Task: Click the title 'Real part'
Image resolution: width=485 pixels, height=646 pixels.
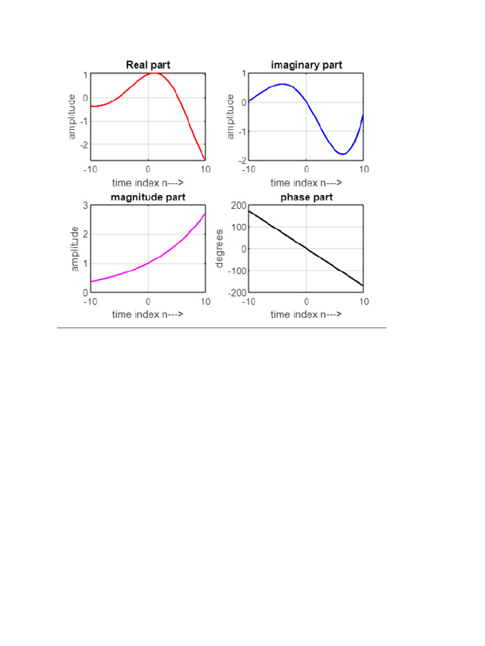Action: pyautogui.click(x=148, y=65)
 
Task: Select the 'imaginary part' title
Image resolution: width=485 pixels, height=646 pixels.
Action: pyautogui.click(x=306, y=65)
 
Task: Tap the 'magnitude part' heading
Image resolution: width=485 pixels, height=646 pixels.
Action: pyautogui.click(x=148, y=197)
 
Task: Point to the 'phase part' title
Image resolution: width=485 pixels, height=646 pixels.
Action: pyautogui.click(x=306, y=197)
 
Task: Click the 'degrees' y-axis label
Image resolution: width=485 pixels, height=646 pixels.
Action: pyautogui.click(x=220, y=248)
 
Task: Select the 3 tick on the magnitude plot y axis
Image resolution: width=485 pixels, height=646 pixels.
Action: pyautogui.click(x=85, y=206)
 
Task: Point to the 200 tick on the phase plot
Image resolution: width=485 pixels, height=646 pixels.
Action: pyautogui.click(x=237, y=206)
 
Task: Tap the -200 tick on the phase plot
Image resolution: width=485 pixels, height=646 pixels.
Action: pyautogui.click(x=236, y=293)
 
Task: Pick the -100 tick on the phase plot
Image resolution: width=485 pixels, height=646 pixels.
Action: pyautogui.click(x=236, y=271)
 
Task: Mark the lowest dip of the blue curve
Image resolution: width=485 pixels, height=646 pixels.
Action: pyautogui.click(x=342, y=154)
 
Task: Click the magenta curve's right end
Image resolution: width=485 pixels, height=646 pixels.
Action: pyautogui.click(x=205, y=214)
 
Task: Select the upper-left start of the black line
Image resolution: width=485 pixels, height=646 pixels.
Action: pyautogui.click(x=249, y=210)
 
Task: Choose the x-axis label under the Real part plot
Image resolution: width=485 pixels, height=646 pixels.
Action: pyautogui.click(x=148, y=183)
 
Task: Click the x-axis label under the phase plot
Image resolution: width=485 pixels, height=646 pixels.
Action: pyautogui.click(x=306, y=314)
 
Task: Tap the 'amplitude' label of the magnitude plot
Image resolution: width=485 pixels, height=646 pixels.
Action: pyautogui.click(x=75, y=249)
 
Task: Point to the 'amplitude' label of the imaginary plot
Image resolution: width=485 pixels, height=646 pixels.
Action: pyautogui.click(x=230, y=117)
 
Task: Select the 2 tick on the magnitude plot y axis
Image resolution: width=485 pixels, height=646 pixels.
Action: pyautogui.click(x=85, y=235)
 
